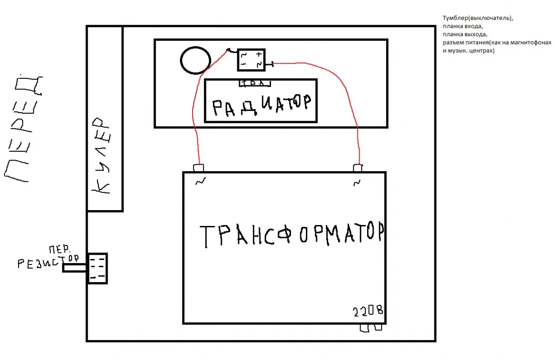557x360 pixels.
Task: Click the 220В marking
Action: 368,311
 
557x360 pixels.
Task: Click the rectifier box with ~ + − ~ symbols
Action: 251,60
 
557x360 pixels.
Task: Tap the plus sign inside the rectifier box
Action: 259,55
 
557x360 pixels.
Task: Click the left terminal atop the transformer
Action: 199,167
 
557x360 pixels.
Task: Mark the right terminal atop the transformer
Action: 357,167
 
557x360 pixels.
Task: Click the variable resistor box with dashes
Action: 97,268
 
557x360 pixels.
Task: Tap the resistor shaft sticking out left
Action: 75,268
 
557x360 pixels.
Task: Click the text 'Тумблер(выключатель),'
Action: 479,18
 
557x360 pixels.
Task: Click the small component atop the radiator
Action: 255,84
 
